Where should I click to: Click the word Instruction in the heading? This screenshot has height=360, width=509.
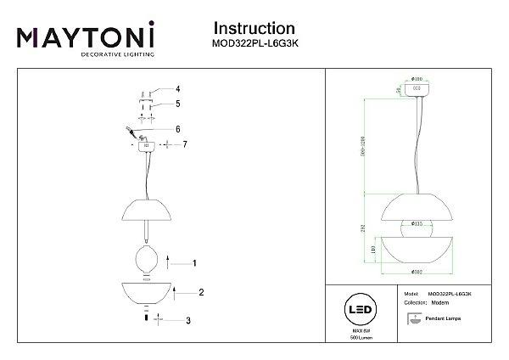[255, 31]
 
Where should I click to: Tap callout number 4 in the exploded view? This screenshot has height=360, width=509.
[178, 88]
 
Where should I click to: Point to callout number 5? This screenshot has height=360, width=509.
[178, 104]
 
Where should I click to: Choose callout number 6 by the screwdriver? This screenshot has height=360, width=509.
[178, 129]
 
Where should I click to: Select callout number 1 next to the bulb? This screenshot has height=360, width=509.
[194, 263]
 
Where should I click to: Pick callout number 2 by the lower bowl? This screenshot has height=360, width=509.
[201, 292]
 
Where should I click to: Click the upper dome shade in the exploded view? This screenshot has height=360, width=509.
[144, 208]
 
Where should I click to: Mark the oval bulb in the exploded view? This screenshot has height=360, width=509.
[144, 259]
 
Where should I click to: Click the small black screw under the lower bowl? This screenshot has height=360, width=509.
[144, 318]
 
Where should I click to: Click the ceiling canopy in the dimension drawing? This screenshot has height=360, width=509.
[417, 88]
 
